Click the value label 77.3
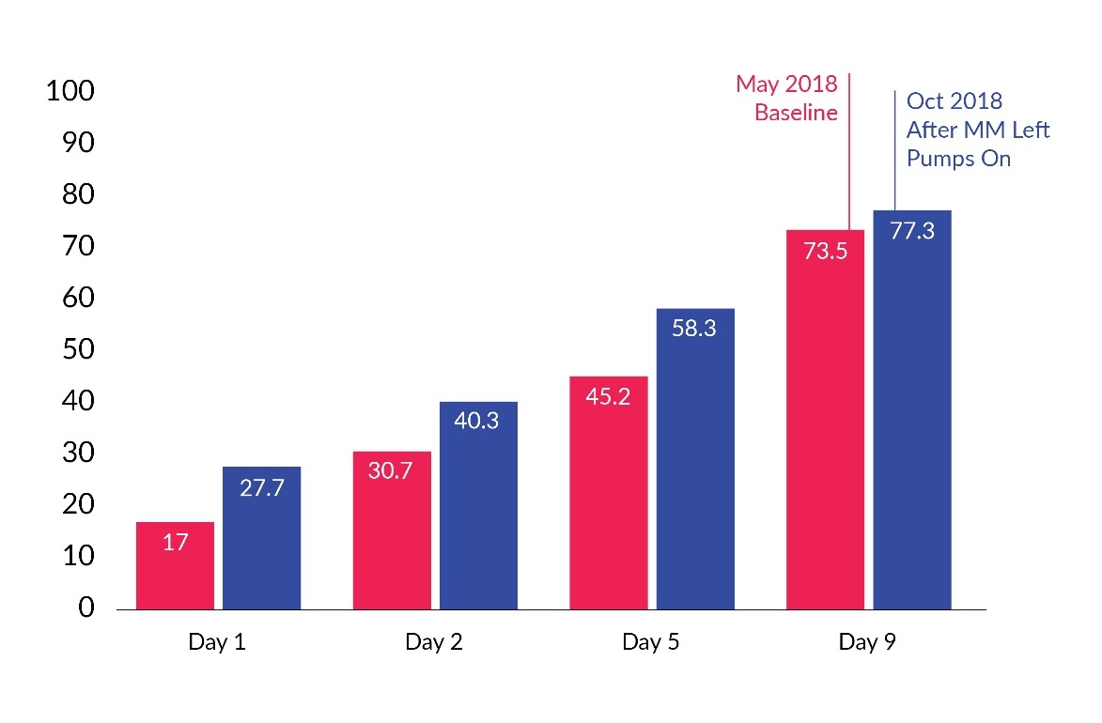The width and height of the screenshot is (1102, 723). point(912,230)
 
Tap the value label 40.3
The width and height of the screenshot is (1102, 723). point(478,421)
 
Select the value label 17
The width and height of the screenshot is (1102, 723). point(175,542)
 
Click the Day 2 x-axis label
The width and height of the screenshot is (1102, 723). point(434,643)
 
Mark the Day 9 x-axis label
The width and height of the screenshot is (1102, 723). point(867,643)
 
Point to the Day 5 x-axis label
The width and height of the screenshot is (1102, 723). point(650,643)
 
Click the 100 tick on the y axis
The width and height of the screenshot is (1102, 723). point(70,92)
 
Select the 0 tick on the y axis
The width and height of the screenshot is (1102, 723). point(86,608)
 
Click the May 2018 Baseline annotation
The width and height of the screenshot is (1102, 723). point(786,99)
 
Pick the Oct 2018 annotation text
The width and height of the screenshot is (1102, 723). point(977,130)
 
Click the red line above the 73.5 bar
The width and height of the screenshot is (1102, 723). point(849,150)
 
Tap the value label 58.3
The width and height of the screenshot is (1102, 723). point(694,329)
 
